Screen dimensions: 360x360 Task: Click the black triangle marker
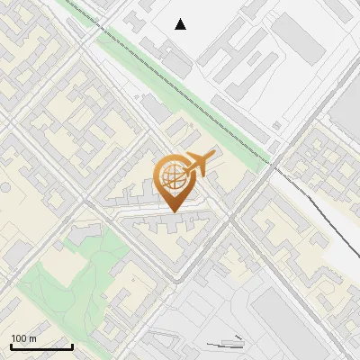[x=181, y=24]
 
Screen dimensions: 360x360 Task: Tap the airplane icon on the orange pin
[x=200, y=163]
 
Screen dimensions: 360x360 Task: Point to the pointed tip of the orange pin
[x=172, y=211]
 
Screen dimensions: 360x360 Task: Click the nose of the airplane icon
[x=214, y=153]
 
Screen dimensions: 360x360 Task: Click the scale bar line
[x=41, y=346]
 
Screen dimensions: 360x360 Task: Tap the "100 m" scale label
[x=24, y=338]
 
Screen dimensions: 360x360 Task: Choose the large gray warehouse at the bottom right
[x=297, y=315]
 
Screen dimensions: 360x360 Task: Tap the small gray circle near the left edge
[x=4, y=188]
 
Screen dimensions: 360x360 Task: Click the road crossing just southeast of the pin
[x=229, y=220]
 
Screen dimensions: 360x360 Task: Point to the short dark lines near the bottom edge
[x=225, y=342]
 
